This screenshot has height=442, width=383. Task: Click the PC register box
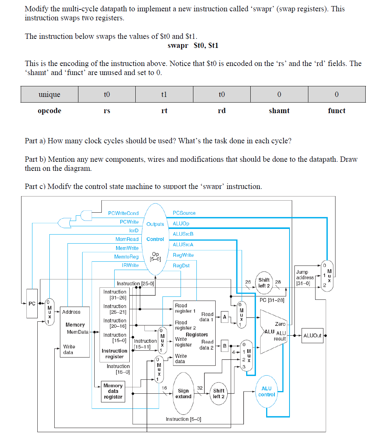pos(32,303)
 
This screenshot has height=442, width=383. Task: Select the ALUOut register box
pos(312,335)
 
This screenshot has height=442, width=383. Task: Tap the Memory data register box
pos(113,391)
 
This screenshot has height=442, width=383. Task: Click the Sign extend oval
pos(184,393)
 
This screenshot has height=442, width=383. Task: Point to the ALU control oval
pos(266,391)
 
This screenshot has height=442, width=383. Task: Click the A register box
pos(225,317)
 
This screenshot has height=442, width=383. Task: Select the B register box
pos(225,345)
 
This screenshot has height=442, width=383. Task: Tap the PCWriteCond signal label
pos(123,213)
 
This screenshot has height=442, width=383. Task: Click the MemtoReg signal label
pos(126,257)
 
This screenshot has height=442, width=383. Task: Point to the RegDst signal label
pos(181,266)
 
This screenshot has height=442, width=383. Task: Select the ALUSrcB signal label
pos(183,234)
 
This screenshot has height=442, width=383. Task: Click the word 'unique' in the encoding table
pos(49,94)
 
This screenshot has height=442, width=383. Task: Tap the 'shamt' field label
pos(279,111)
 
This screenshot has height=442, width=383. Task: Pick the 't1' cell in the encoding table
pos(164,94)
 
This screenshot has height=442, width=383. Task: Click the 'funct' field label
pos(337,111)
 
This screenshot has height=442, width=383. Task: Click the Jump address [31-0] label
pos(305,278)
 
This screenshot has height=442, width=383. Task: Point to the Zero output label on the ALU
pos(280,324)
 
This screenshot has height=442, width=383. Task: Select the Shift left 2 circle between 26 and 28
pos(264,283)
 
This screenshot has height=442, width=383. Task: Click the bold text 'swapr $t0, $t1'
pos(193,46)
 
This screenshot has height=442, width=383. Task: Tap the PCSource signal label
pos(184,213)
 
